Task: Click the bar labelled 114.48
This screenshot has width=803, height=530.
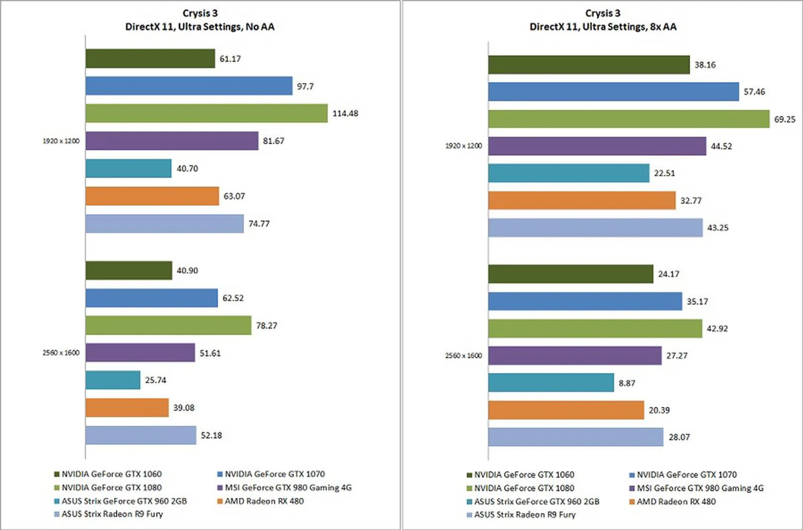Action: [x=206, y=113]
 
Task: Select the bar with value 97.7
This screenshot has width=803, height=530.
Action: [x=189, y=86]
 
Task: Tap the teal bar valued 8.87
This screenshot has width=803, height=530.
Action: [x=551, y=383]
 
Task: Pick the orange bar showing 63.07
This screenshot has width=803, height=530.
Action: [x=152, y=196]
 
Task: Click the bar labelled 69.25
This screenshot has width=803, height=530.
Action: [x=629, y=119]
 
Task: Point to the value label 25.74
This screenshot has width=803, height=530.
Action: [x=156, y=380]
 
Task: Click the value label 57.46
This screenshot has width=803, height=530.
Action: [x=754, y=92]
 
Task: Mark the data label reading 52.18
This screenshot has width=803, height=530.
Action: [x=211, y=435]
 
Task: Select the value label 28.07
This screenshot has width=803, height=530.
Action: [x=679, y=437]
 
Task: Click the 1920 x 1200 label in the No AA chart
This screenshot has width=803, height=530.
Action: [x=61, y=141]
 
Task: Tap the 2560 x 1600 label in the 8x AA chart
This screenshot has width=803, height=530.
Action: [x=463, y=356]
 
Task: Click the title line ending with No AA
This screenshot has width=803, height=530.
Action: [x=200, y=27]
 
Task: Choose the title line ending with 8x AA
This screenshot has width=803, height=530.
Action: [x=603, y=27]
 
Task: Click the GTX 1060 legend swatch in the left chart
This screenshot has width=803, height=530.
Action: [x=57, y=474]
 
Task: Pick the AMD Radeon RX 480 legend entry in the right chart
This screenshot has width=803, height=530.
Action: [x=676, y=502]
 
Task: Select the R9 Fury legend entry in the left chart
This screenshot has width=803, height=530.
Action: [x=112, y=514]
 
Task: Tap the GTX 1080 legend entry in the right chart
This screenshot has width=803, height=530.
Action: [x=524, y=488]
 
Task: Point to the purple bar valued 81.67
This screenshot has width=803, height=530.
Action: [x=172, y=141]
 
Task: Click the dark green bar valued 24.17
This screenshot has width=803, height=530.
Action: [x=570, y=274]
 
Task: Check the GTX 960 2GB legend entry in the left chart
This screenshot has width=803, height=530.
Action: [x=124, y=501]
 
